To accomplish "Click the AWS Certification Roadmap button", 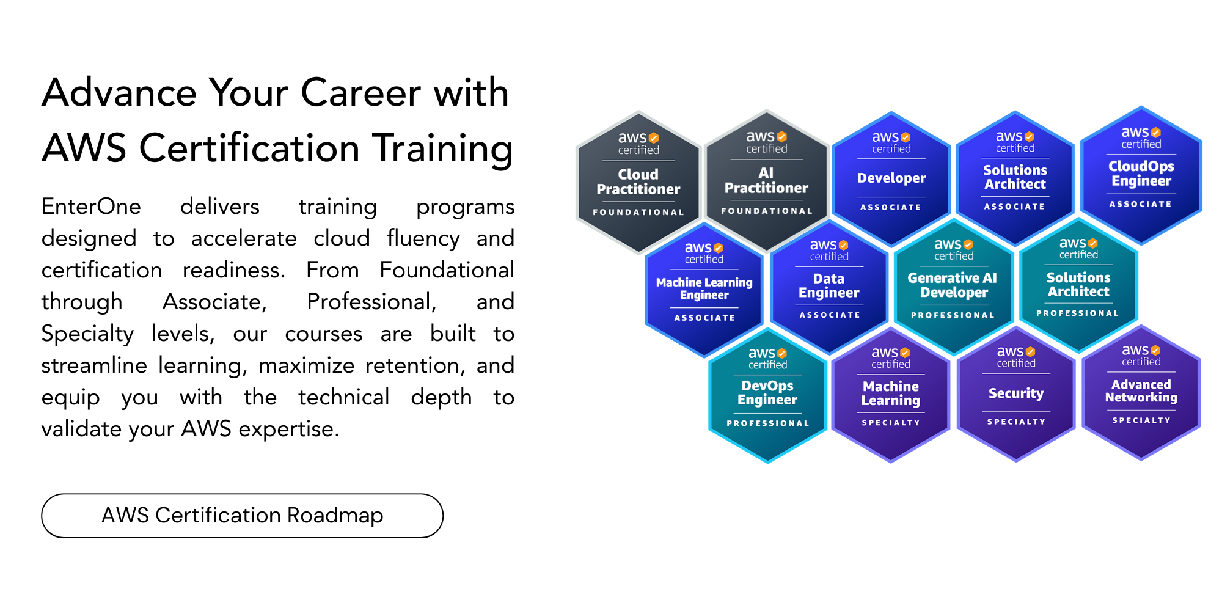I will click(242, 516).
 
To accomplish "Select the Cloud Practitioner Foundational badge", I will click(638, 182).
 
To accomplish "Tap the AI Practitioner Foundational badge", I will click(766, 181).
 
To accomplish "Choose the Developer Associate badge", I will click(891, 178).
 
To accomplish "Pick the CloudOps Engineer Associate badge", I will click(1141, 175).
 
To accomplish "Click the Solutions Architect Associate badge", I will click(1015, 177).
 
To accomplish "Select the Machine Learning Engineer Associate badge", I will click(704, 289).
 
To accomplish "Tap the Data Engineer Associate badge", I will click(829, 286).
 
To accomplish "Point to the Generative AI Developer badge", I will click(953, 286).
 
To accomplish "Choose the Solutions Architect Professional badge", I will click(1078, 285).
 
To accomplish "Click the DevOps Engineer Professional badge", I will click(767, 393).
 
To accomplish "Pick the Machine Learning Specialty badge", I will click(891, 393).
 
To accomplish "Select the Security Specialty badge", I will click(1016, 393).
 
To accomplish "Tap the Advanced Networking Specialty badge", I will click(1141, 391).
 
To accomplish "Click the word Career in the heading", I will click(360, 93).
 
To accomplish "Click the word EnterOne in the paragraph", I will click(91, 207).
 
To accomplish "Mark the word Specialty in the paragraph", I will click(87, 334).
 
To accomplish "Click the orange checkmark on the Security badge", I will click(1030, 351).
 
